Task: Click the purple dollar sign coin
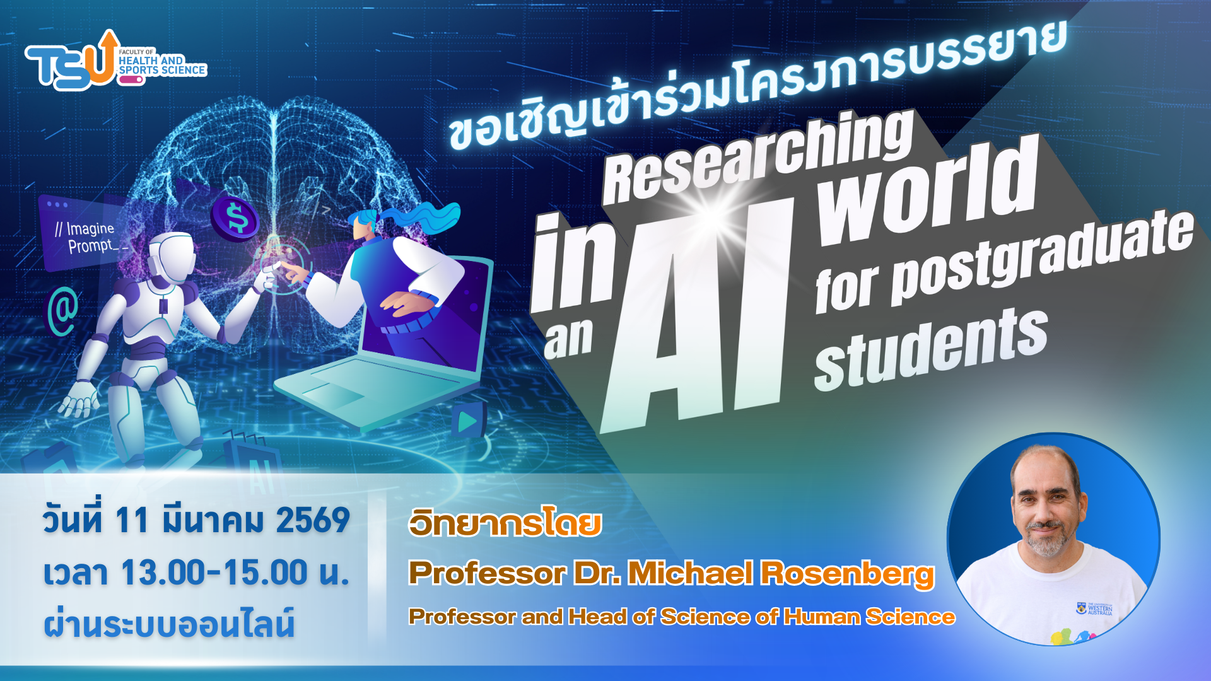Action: coord(235,218)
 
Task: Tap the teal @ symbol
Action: coord(63,311)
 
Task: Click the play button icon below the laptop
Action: coord(467,421)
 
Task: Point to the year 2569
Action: coord(313,521)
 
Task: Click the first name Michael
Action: coord(690,573)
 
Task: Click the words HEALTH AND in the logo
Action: coord(151,61)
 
